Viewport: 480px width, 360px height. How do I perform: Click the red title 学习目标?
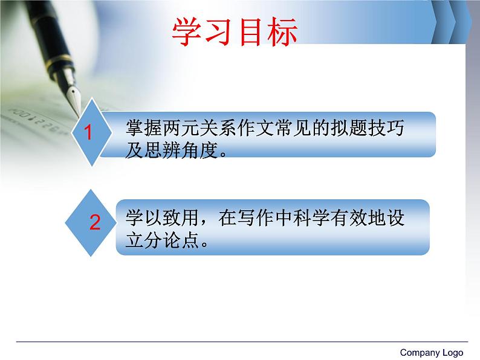click(x=235, y=32)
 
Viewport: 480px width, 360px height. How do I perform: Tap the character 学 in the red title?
click(x=187, y=32)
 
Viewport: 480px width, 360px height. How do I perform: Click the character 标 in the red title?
click(x=282, y=32)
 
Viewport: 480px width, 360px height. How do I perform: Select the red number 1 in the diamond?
click(x=88, y=132)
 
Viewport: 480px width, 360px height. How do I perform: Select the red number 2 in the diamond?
click(x=95, y=222)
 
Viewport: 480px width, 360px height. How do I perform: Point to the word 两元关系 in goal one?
click(x=199, y=128)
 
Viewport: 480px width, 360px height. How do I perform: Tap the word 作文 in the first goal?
click(x=255, y=128)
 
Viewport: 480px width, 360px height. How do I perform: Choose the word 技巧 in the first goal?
click(x=386, y=128)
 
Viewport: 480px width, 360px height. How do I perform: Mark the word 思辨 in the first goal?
click(x=162, y=150)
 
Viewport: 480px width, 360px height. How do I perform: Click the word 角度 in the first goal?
click(x=199, y=150)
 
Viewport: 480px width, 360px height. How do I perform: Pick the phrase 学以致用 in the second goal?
click(x=162, y=218)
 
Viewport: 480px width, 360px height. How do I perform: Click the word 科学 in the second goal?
click(x=311, y=218)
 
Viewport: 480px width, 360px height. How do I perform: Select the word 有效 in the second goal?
click(x=349, y=218)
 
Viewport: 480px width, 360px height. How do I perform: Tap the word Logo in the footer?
click(x=452, y=353)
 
